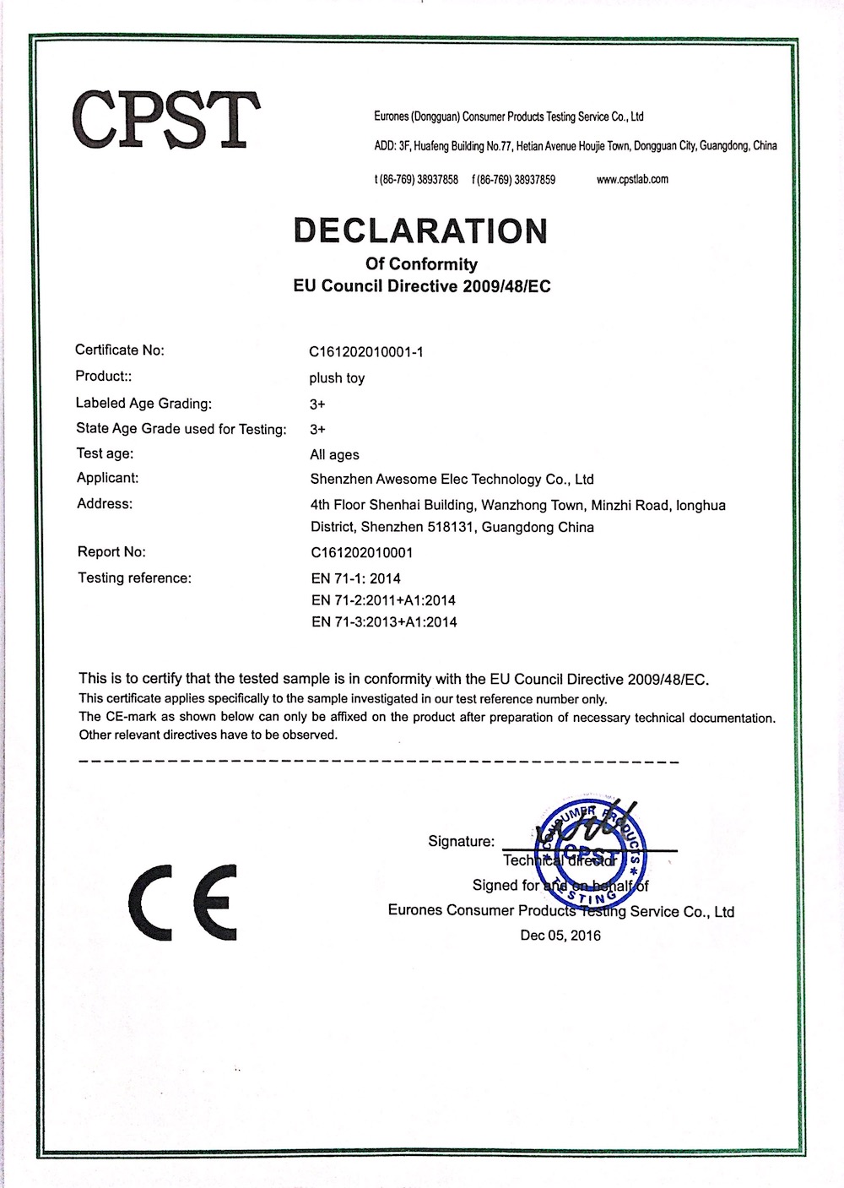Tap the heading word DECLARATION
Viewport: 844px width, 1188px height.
(x=420, y=231)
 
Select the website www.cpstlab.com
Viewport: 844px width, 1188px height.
(x=632, y=179)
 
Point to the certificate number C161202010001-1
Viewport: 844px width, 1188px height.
(x=366, y=351)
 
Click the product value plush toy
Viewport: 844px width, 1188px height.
(x=337, y=377)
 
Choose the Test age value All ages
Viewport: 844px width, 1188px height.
(x=334, y=454)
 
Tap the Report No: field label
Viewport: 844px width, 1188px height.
(x=111, y=552)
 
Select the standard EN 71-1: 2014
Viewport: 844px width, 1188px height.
(x=355, y=578)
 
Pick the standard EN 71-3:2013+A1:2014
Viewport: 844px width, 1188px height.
(x=384, y=622)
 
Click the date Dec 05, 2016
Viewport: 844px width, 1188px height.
(x=560, y=936)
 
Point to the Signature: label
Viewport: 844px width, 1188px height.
(x=461, y=841)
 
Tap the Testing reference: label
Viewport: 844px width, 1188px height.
(x=134, y=578)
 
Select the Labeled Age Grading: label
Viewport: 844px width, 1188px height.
(x=143, y=403)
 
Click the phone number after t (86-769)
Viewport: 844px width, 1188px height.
(x=438, y=179)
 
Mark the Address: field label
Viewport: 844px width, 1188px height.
(x=104, y=504)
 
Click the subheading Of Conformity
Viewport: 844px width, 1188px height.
(x=420, y=264)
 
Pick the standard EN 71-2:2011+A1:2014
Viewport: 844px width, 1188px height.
(x=383, y=600)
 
